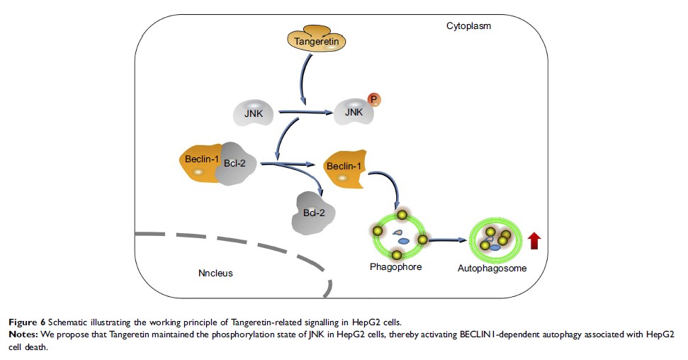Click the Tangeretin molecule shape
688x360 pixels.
click(x=323, y=42)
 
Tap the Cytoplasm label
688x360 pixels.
click(x=468, y=26)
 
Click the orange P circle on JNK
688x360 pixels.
click(x=375, y=99)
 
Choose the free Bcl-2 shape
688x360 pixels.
click(x=313, y=211)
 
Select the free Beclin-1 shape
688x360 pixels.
click(x=344, y=171)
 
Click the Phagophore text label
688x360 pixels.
click(x=397, y=268)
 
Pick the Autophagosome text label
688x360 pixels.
click(x=497, y=269)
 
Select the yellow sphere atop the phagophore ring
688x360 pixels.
click(x=402, y=215)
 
